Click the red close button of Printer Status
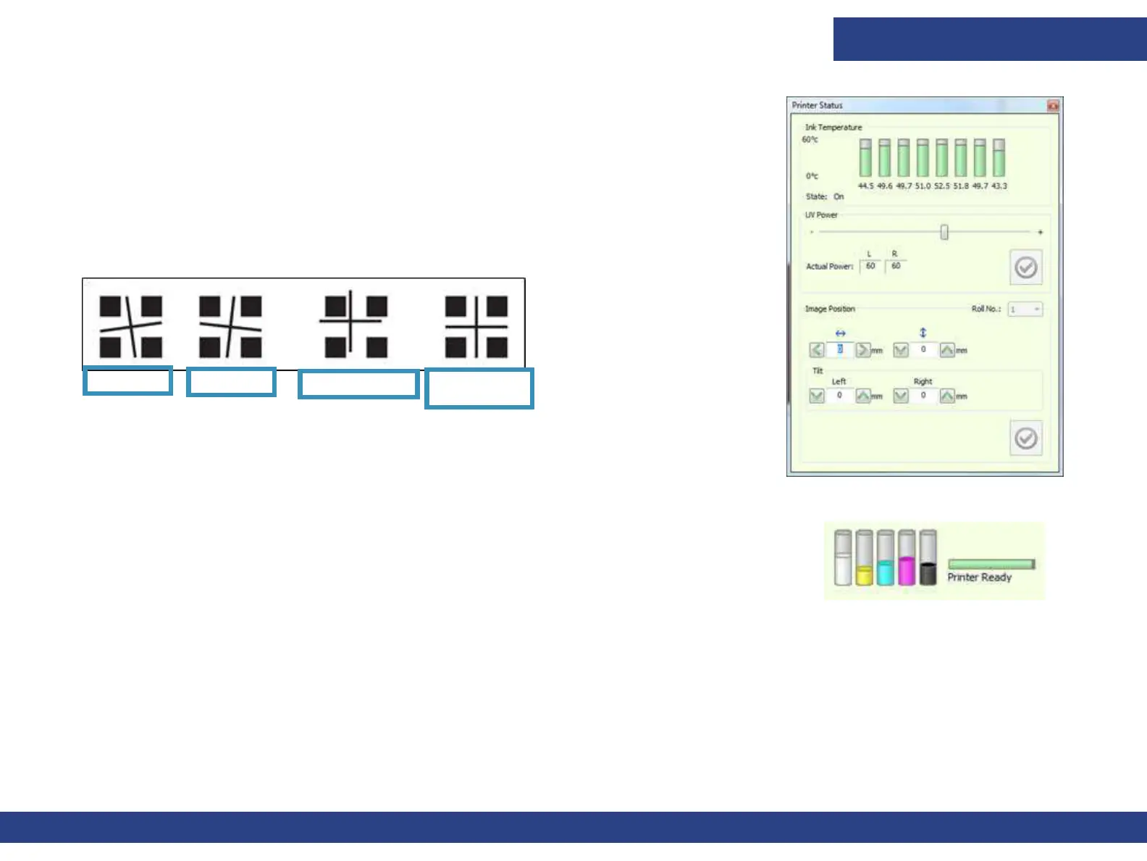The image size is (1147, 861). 1053,106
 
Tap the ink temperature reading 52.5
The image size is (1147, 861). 941,186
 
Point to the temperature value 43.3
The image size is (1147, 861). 999,186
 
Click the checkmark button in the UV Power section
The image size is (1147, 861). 1025,267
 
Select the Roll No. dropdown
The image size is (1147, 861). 1025,309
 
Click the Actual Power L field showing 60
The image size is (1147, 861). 870,266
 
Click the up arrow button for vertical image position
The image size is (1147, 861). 946,351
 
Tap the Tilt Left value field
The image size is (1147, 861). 840,396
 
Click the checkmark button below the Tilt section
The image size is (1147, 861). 1025,438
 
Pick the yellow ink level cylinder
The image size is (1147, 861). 864,558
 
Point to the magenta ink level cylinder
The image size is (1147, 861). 907,558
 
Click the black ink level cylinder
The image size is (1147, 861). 928,558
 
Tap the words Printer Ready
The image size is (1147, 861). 979,578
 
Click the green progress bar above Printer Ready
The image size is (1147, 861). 991,564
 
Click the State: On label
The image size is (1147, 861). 825,196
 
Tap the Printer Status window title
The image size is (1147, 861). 818,106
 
